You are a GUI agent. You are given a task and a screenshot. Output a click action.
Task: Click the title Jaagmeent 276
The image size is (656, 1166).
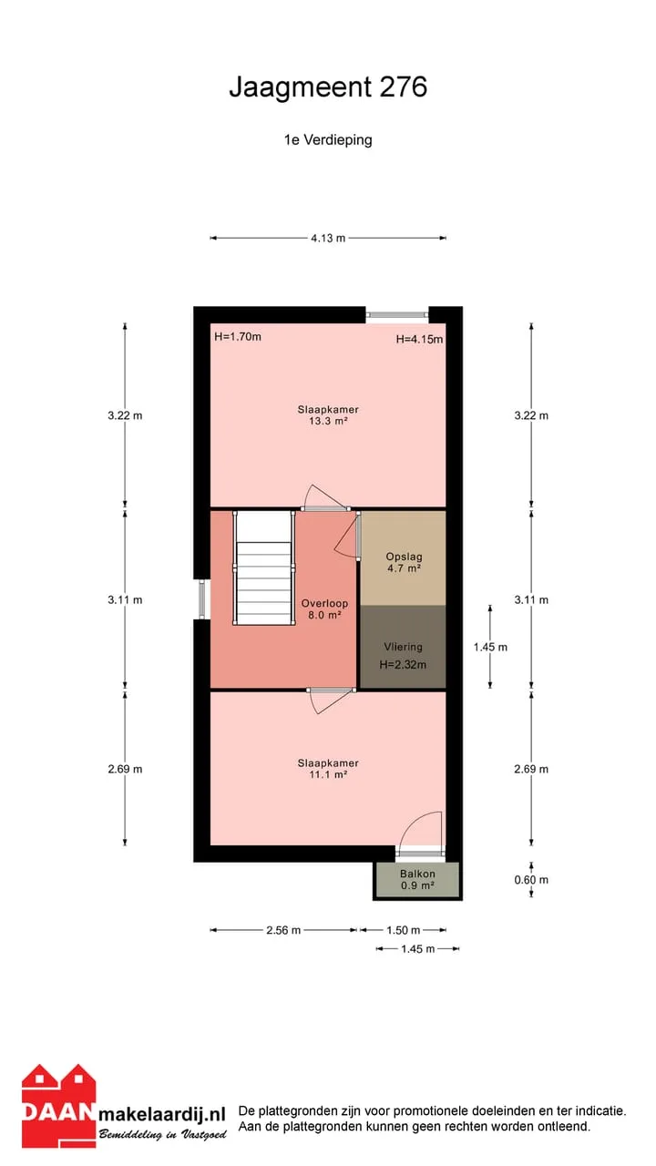coord(328,87)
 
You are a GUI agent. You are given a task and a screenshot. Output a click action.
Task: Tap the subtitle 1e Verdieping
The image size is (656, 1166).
coord(328,140)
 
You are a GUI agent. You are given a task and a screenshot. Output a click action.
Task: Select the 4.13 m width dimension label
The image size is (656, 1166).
coord(328,239)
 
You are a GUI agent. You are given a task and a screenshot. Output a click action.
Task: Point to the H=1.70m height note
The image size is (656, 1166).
coord(238,337)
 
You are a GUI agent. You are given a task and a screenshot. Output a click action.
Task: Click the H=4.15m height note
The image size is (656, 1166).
coord(419,340)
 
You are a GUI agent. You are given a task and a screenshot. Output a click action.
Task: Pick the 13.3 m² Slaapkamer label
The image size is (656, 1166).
coord(328,415)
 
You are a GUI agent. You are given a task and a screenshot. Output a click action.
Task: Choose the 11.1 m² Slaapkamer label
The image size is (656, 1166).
coord(328,769)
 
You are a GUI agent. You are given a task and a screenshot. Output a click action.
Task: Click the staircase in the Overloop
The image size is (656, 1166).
coord(264,568)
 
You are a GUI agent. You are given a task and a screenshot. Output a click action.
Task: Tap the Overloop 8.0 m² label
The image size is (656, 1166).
coord(324,609)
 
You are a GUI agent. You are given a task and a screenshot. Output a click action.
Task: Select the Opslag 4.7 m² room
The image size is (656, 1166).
coord(404,558)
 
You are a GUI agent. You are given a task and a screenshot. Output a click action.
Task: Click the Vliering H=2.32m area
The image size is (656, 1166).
coord(404,647)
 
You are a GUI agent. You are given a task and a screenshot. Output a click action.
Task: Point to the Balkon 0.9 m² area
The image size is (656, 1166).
coord(417,880)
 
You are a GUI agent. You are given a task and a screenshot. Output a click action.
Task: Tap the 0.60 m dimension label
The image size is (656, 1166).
coord(531,880)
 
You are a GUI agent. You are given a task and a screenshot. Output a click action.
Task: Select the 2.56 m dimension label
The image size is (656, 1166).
coord(283,930)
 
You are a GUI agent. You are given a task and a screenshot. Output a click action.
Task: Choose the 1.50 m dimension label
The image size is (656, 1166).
coord(403,930)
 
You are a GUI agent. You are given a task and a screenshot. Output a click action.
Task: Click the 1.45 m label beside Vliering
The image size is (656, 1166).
coord(490,647)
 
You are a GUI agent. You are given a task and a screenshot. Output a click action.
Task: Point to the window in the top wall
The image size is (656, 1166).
coord(396,314)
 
